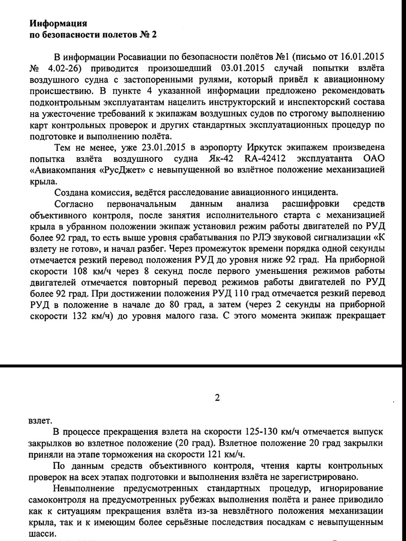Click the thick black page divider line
pos(203,366)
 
